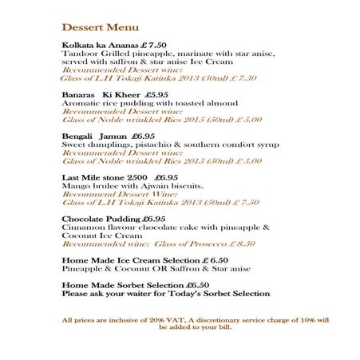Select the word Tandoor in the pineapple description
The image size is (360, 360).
coord(79,53)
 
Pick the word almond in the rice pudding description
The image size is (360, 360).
coord(222,103)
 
